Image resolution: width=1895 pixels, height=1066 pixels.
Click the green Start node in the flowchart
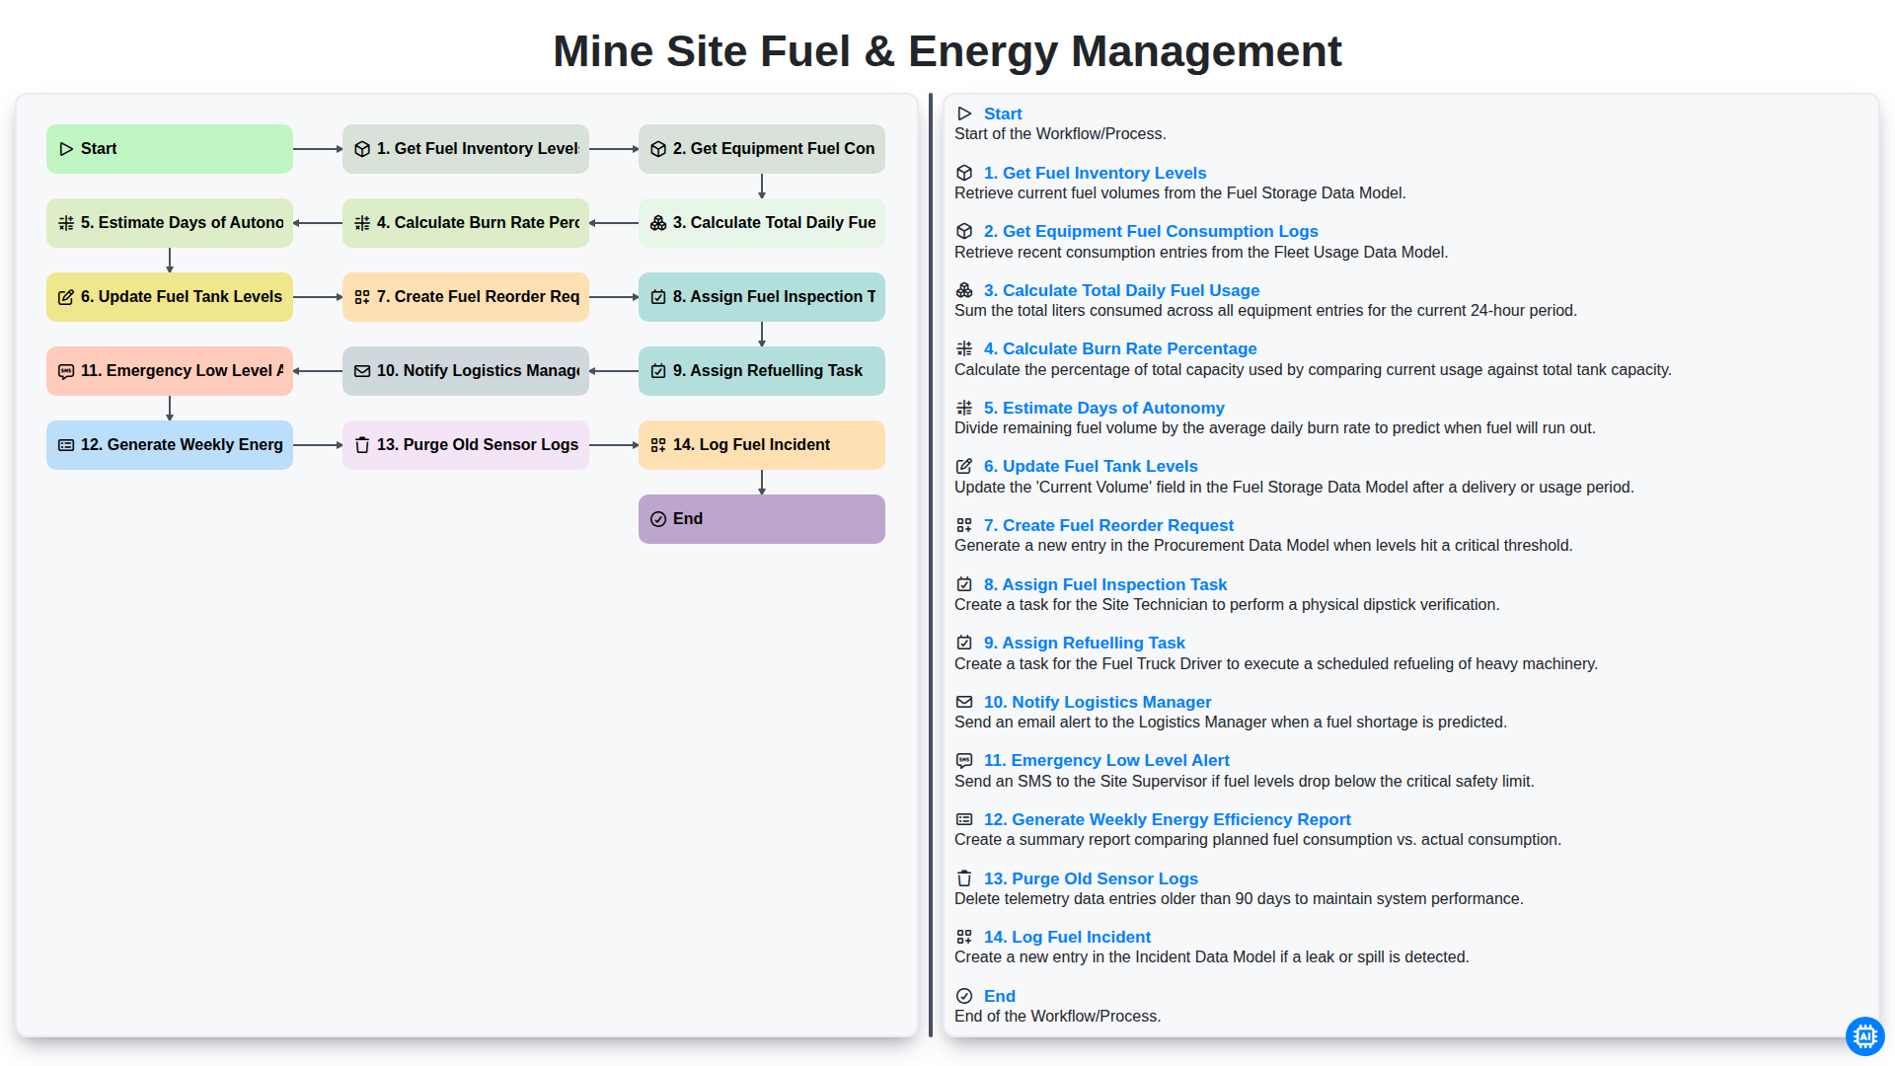tap(170, 149)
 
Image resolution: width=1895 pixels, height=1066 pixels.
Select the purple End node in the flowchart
tap(762, 519)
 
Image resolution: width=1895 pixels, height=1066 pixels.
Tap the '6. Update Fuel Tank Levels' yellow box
tap(170, 297)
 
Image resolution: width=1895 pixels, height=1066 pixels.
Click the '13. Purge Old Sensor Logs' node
tap(466, 445)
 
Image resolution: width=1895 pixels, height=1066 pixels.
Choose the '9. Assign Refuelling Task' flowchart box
tap(762, 371)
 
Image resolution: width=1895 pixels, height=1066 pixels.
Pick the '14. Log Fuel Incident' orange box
tap(762, 445)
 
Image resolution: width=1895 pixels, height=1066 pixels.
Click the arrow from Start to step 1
tap(318, 149)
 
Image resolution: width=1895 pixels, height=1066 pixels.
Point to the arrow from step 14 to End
tap(762, 482)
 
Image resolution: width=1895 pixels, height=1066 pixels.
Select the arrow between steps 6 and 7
tap(318, 297)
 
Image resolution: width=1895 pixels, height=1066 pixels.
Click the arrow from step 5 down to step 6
tap(170, 260)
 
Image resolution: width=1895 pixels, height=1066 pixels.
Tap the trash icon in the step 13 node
tap(362, 445)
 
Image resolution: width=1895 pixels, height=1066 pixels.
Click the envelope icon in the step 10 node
tap(362, 371)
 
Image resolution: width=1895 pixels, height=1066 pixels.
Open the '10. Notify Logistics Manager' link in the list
tap(1098, 702)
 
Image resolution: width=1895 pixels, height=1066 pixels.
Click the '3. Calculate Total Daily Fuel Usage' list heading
tap(1121, 290)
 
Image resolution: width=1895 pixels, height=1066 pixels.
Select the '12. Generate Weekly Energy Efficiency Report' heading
tap(1167, 819)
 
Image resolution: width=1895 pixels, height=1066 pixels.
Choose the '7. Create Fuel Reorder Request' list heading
tap(1108, 525)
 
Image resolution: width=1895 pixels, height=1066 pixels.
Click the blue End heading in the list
tap(999, 996)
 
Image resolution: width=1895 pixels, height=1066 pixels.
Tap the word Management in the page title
tap(1206, 51)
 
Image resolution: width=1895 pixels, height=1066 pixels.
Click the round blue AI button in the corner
tap(1864, 1035)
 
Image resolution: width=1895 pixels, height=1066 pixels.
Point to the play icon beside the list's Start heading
tap(964, 114)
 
